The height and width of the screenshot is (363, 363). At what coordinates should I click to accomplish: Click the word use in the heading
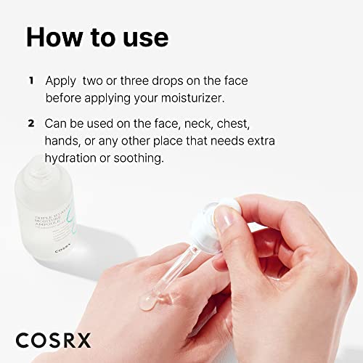[x=142, y=38]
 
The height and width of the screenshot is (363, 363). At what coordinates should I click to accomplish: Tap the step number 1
[x=30, y=80]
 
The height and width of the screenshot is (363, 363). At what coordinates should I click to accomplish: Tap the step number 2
[x=30, y=123]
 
